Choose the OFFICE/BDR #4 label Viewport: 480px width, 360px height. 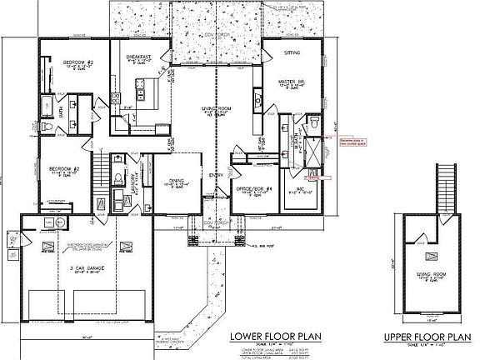[x=251, y=188]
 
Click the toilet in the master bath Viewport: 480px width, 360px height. [x=315, y=122]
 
